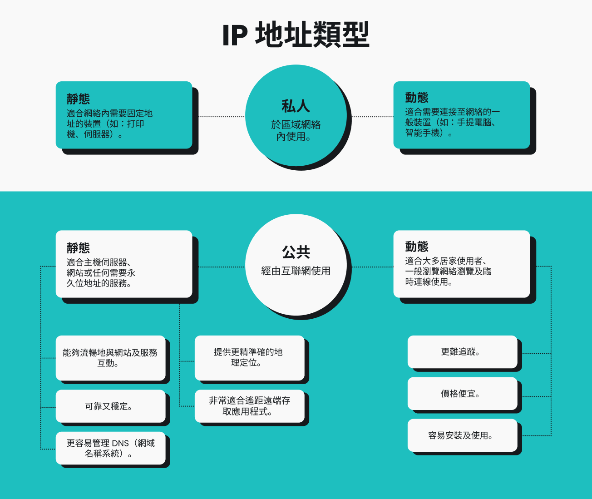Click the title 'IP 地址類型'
296,35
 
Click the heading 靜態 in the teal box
79,99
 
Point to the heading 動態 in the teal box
417,98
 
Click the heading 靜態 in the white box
79,248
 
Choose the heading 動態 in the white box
417,247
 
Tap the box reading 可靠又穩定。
110,406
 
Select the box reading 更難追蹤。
462,352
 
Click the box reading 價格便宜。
462,394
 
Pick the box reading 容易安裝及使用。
462,435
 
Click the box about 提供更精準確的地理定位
249,358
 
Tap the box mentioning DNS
110,448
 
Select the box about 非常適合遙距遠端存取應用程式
249,406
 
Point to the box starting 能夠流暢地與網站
110,358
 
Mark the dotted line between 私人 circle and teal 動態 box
372,117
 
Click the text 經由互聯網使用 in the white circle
296,271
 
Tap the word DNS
120,443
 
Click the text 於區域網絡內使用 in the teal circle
296,130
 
